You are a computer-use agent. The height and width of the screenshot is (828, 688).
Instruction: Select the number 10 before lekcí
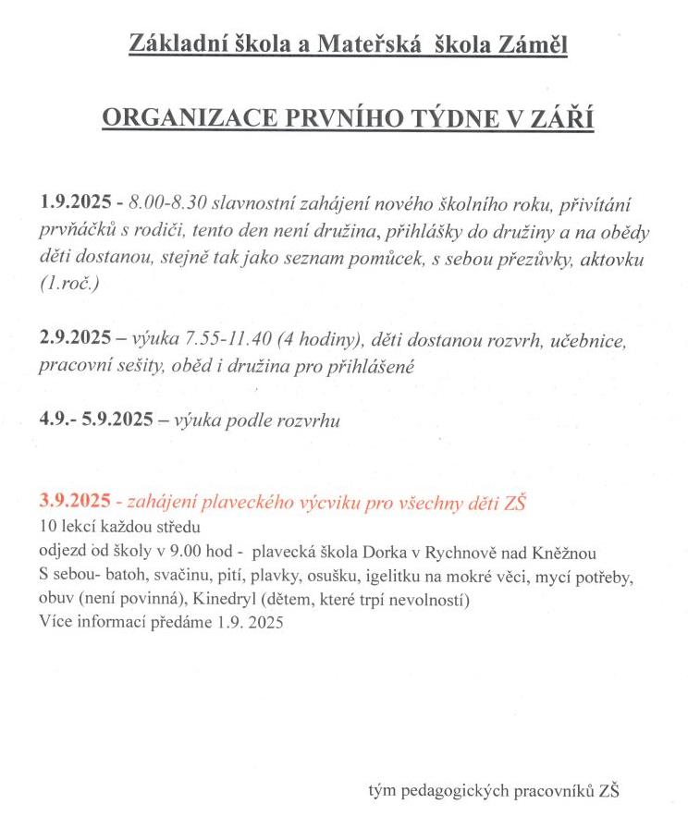click(x=47, y=525)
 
